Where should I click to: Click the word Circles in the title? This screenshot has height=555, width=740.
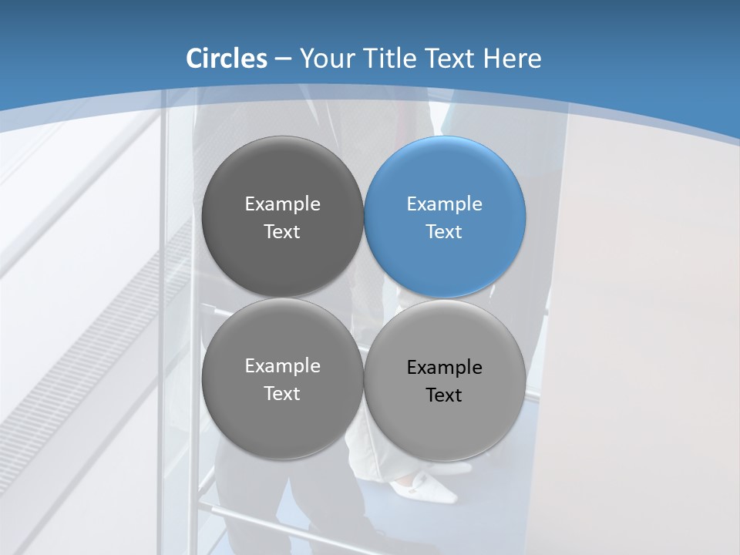pyautogui.click(x=226, y=59)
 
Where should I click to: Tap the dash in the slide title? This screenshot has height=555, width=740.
pyautogui.click(x=283, y=59)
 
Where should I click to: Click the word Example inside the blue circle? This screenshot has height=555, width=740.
pyautogui.click(x=444, y=204)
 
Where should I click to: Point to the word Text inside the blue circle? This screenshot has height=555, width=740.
pyautogui.click(x=444, y=232)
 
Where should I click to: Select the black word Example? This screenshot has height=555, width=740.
pyautogui.click(x=444, y=368)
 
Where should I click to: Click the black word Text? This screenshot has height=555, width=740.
pyautogui.click(x=444, y=395)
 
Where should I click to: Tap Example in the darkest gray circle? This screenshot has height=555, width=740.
pyautogui.click(x=282, y=204)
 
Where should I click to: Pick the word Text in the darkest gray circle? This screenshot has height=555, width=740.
pyautogui.click(x=282, y=232)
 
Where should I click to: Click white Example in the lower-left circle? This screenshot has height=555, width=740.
pyautogui.click(x=282, y=366)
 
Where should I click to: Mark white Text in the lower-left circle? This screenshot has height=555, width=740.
pyautogui.click(x=282, y=394)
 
